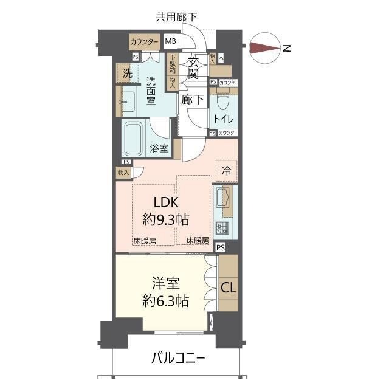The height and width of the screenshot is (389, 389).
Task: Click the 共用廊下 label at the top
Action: coord(176,17)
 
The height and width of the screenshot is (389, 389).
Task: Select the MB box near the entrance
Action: coord(170,42)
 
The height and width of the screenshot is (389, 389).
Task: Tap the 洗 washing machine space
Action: coord(127,74)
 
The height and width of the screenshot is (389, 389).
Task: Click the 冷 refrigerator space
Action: coord(225,171)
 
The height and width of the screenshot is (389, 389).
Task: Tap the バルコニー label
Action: coord(177,358)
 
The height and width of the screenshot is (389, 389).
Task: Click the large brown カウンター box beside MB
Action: coord(144,42)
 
